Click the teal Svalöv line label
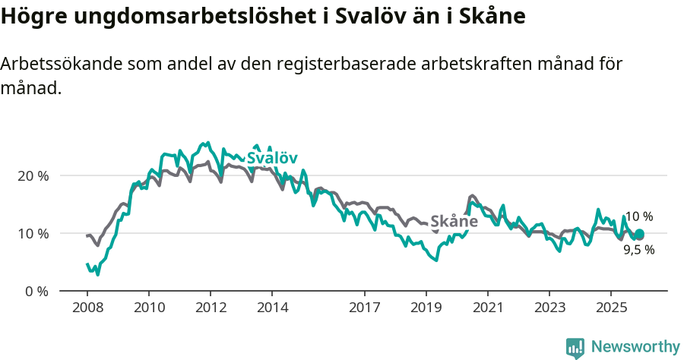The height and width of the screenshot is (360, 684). click(x=271, y=158)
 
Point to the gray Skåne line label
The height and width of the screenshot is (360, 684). click(x=454, y=222)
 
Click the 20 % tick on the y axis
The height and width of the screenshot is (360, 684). click(x=33, y=175)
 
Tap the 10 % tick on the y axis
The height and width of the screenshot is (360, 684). click(x=33, y=233)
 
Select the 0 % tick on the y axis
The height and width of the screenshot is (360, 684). click(x=36, y=291)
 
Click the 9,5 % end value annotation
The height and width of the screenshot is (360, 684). click(x=638, y=249)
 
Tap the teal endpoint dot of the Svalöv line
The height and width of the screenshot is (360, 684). click(x=639, y=234)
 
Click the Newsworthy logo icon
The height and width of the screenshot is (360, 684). click(x=575, y=348)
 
